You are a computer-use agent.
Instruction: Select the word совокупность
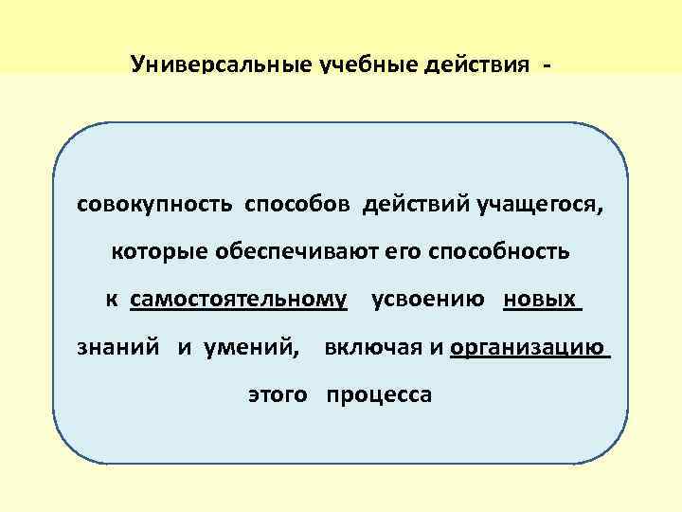(156, 204)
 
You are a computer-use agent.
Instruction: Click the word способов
(298, 204)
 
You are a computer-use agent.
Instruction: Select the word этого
(278, 394)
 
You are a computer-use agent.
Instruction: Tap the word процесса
(379, 394)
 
